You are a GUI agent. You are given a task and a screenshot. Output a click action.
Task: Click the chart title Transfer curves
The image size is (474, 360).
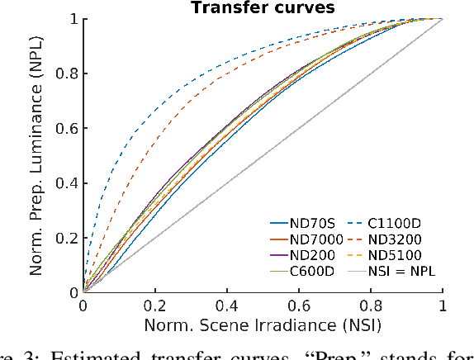[x=263, y=8]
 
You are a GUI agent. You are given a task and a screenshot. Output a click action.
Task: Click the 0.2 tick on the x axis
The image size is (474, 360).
[x=154, y=306]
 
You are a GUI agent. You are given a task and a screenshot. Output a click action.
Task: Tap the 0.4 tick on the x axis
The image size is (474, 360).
[x=226, y=306]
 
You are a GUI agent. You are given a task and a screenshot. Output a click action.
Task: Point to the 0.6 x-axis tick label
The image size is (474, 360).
[x=298, y=306]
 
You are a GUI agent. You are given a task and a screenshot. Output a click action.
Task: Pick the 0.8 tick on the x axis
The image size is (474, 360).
[x=370, y=306]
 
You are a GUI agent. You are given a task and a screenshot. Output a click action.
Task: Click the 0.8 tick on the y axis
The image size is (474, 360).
[x=67, y=73]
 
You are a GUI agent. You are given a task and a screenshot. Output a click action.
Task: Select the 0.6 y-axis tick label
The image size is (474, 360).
[x=67, y=127]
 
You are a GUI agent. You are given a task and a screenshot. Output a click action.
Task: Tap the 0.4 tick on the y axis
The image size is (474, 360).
[x=67, y=182]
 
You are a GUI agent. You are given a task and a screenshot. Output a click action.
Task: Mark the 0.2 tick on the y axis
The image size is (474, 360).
[x=67, y=237]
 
